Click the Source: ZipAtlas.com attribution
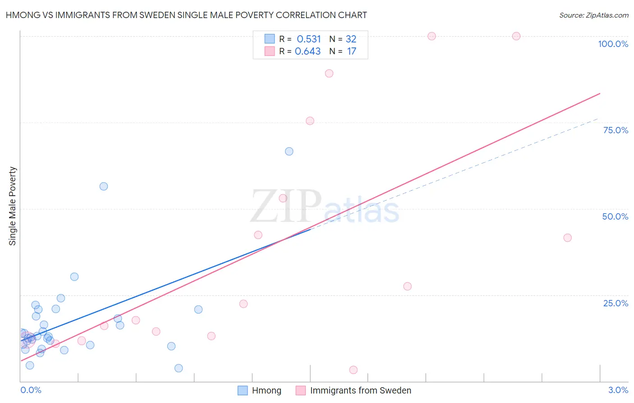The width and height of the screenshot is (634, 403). click(593, 15)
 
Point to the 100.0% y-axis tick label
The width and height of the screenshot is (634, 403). click(613, 44)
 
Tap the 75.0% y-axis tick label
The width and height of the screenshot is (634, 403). click(616, 130)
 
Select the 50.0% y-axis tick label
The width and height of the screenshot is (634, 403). click(615, 216)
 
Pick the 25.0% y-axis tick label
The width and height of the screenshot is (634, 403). click(616, 303)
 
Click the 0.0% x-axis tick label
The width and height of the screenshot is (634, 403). click(31, 390)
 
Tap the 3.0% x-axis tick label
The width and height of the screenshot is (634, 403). click(618, 390)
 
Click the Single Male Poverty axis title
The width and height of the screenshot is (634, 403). click(13, 206)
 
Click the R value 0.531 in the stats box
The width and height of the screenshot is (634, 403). click(308, 39)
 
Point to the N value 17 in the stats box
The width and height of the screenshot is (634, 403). click(351, 52)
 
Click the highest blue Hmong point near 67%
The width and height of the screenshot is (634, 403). click(289, 151)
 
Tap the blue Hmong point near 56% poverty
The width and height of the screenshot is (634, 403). click(104, 186)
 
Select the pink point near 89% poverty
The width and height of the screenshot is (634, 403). click(329, 73)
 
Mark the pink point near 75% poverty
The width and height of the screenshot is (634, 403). click(310, 121)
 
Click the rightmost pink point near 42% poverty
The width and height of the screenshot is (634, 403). click(567, 238)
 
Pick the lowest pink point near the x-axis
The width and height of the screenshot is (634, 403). click(354, 370)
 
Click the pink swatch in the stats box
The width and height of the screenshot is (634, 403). click(270, 52)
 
